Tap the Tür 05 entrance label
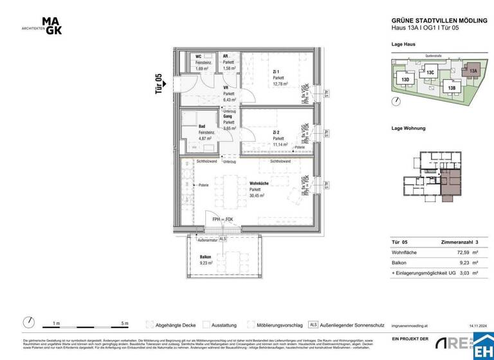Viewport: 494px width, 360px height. pos(158,84)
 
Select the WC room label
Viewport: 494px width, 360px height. pos(199,57)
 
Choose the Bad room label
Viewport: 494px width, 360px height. pos(201,127)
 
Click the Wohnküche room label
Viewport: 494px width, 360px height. pos(260,183)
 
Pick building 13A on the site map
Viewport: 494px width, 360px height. pos(473,71)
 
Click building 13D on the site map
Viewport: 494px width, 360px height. pos(405,80)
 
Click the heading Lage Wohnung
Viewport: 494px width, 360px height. pos(408,128)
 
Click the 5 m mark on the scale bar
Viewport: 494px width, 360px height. pos(125,323)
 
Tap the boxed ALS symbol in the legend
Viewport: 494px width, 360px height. pos(314,325)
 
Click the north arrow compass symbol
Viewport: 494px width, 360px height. pos(28,322)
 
